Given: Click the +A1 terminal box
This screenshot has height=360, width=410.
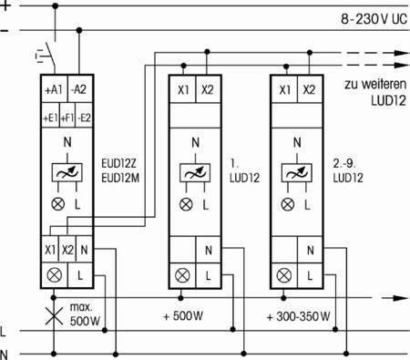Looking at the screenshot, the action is [x=54, y=89].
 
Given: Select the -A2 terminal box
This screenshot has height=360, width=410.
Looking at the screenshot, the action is [x=80, y=89].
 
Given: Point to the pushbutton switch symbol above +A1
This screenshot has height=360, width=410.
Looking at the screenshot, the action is [x=46, y=57].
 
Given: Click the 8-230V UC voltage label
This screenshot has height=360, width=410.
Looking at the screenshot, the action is [x=374, y=19].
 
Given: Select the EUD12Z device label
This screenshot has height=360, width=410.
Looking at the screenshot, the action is [x=118, y=164].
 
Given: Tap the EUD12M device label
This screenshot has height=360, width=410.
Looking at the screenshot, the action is [x=120, y=178].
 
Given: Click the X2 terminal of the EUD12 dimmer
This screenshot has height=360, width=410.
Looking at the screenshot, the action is [x=67, y=250].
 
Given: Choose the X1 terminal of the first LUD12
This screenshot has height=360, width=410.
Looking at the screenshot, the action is [x=183, y=89].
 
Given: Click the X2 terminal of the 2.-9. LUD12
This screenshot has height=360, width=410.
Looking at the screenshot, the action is [x=309, y=89].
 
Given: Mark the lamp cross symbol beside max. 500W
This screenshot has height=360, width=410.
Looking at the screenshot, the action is [x=54, y=315].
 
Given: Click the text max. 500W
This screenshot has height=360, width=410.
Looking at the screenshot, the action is [x=85, y=314].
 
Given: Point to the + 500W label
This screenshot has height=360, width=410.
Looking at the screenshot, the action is [x=183, y=316].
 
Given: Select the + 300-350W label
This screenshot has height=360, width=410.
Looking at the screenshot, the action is [x=298, y=317].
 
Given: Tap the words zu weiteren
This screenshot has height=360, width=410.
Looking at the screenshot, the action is [x=375, y=84].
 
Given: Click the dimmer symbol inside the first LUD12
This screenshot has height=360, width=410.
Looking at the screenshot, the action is [x=195, y=173].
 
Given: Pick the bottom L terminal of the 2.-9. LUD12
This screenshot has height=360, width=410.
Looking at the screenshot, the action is [x=310, y=275].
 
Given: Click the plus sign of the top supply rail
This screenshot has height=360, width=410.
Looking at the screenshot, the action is [x=5, y=5].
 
